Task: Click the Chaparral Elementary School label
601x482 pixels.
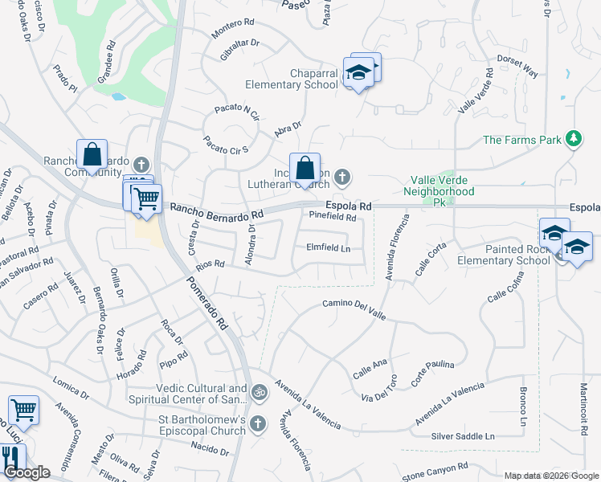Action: coord(291,79)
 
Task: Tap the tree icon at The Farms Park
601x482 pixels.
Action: coord(573,139)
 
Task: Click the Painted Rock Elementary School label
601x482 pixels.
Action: coord(504,255)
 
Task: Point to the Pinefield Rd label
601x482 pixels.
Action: coord(333,217)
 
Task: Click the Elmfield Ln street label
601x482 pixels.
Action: coord(329,248)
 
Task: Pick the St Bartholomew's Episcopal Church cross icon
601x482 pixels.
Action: coord(258,423)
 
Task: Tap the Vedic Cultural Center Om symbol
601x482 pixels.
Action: coord(259,393)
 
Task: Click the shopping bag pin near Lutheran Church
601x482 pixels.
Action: coord(305,169)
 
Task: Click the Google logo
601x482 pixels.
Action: coord(27,473)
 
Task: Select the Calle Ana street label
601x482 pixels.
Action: coord(370,372)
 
